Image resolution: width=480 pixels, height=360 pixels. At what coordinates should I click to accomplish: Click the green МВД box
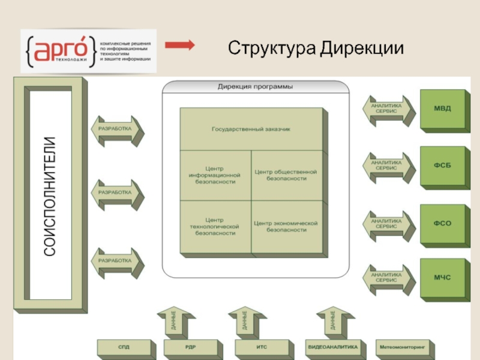[443, 109]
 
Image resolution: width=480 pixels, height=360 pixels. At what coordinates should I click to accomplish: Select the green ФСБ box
[443, 166]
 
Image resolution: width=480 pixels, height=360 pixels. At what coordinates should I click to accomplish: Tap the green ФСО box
[443, 224]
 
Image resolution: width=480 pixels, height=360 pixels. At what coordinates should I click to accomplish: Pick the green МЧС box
[443, 278]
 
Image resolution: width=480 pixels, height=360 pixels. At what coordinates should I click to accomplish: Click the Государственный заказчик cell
[251, 129]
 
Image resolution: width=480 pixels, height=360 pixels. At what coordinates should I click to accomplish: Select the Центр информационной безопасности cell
[214, 175]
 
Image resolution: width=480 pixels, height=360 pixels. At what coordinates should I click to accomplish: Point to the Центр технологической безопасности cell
[214, 226]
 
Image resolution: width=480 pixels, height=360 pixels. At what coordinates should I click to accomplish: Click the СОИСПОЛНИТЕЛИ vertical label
[50, 196]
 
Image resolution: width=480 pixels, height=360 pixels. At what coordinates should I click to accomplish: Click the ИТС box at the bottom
[260, 347]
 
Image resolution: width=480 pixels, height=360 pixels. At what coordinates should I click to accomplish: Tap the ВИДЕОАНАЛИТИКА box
[332, 347]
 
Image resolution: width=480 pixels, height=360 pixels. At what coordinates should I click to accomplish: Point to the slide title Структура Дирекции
[315, 47]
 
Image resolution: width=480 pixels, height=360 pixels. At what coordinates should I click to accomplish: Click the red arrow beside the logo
[179, 45]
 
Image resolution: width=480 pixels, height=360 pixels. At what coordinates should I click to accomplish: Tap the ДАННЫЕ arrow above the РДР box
[173, 322]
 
